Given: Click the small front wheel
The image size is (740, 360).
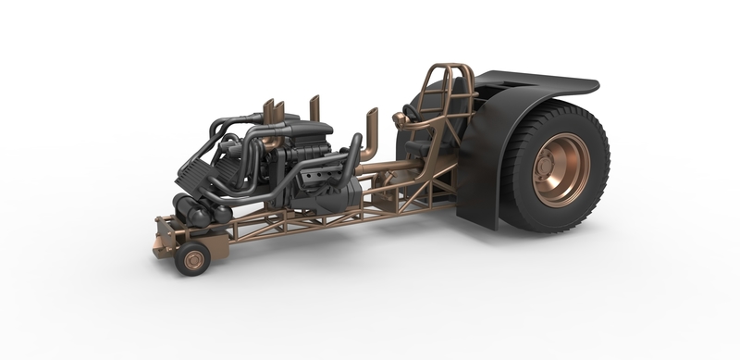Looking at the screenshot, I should [x=193, y=260].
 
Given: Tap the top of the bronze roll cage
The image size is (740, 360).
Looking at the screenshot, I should [x=444, y=69].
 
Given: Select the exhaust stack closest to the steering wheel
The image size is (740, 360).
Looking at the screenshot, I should [x=371, y=130].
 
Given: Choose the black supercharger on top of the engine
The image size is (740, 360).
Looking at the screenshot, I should [x=305, y=130].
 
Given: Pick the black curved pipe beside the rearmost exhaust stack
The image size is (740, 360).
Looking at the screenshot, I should [x=352, y=153].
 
